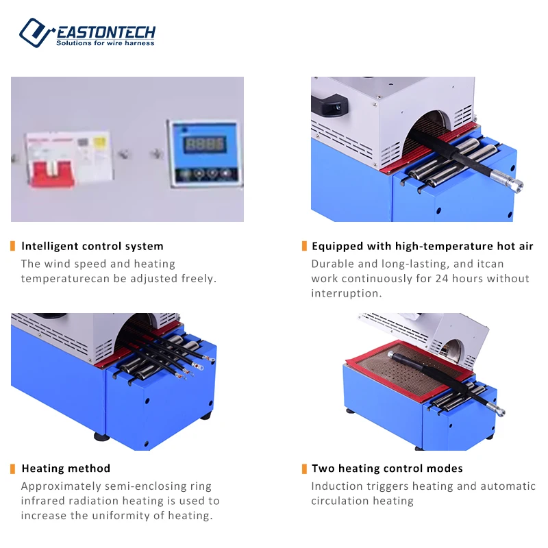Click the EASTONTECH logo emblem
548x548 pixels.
(36, 32)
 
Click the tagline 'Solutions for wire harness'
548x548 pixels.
(105, 43)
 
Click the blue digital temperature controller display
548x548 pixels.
(206, 145)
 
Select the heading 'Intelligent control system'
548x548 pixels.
(92, 246)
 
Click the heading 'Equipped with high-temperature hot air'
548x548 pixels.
(422, 246)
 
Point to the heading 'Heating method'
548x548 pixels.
(66, 469)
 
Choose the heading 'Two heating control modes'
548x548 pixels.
(387, 469)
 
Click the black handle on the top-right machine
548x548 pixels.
(329, 105)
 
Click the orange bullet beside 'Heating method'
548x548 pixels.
(13, 469)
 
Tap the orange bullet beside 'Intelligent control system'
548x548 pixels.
(13, 246)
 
